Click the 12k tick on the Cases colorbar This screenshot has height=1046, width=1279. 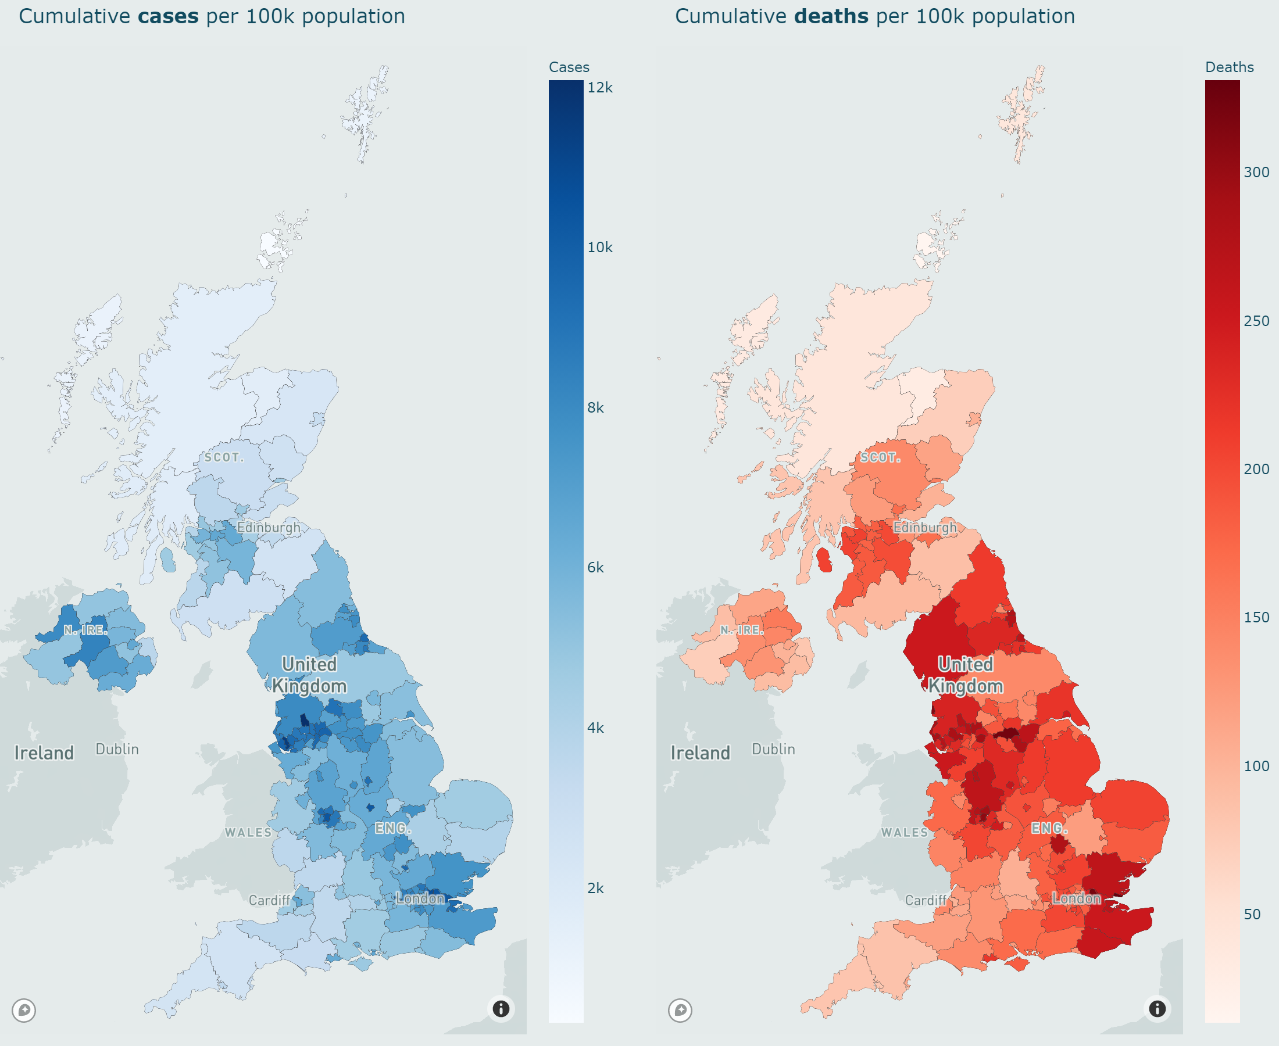(x=600, y=88)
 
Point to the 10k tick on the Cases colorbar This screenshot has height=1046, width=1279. (x=600, y=248)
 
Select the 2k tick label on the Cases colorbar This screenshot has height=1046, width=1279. (x=595, y=888)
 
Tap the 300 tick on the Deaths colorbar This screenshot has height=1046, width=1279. (x=1256, y=173)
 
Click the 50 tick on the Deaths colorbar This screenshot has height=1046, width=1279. (x=1252, y=915)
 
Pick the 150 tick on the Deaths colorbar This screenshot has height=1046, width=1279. (x=1256, y=618)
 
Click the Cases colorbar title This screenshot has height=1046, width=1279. (x=569, y=67)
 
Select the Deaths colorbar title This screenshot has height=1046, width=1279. (x=1229, y=67)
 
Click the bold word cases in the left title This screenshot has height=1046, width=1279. (x=168, y=16)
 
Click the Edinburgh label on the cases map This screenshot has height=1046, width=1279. (x=268, y=528)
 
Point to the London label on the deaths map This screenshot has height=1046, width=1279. (x=1076, y=899)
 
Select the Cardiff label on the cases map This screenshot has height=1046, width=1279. (x=269, y=901)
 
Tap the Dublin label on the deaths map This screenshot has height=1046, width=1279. (x=773, y=750)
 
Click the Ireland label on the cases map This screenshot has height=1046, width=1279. (x=44, y=753)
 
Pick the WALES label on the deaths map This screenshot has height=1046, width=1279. (x=904, y=833)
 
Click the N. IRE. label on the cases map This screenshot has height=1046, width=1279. (x=85, y=631)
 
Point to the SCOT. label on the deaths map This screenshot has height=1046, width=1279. (x=880, y=458)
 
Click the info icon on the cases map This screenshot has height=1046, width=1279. (x=501, y=1009)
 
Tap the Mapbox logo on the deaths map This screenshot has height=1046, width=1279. (x=680, y=1010)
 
